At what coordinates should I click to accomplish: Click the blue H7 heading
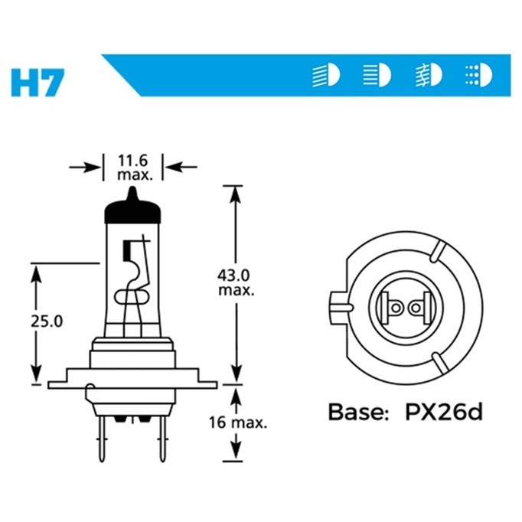38,83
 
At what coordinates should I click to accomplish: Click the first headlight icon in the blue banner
326,76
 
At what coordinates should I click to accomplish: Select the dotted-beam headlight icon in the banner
478,75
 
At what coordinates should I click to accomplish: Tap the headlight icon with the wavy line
429,75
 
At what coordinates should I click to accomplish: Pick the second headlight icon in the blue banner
377,75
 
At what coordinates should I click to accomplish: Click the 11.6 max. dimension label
134,168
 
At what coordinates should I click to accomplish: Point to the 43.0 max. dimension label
236,282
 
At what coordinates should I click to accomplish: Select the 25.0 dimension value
47,321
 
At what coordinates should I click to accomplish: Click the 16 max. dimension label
238,422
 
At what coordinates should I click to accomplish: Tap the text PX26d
443,412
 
